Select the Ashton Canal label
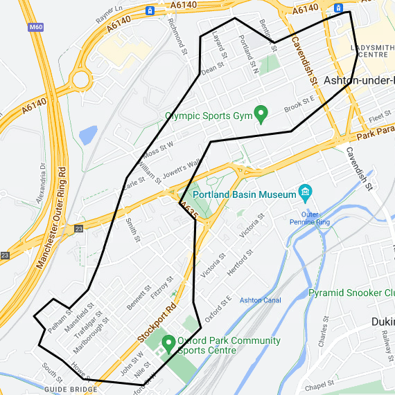(x=260, y=300)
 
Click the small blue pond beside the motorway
(x=88, y=134)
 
